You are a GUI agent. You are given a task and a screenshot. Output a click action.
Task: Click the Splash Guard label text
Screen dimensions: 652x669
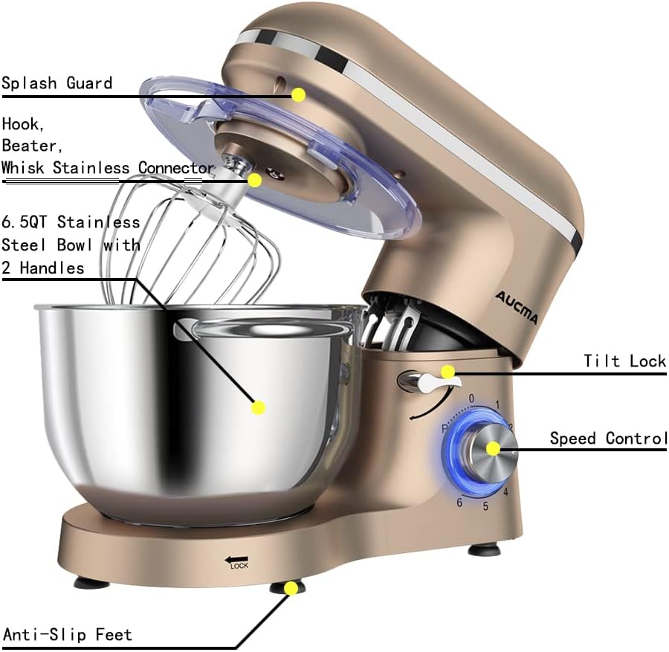pos(56,83)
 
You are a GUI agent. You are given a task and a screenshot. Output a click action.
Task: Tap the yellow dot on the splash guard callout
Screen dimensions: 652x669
pos(298,94)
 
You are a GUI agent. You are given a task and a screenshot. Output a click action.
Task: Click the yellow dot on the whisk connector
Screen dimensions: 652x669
pos(255,180)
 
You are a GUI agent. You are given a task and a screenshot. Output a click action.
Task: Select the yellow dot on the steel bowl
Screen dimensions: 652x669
pos(258,407)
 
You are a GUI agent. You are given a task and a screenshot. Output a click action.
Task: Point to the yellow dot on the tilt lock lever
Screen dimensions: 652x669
pos(447,372)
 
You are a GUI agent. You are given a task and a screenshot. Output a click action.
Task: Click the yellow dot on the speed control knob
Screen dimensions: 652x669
pos(492,448)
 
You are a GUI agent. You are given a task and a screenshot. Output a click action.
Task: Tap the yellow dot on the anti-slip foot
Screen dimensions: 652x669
pos(291,588)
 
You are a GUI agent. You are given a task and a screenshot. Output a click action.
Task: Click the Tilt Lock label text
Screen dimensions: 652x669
pos(624,361)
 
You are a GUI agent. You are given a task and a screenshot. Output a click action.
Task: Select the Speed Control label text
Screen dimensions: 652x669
pos(608,438)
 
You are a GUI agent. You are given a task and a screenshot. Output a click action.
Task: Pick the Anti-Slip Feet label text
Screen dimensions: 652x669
pos(68,634)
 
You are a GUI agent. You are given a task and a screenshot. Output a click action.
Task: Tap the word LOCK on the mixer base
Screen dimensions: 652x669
pos(239,566)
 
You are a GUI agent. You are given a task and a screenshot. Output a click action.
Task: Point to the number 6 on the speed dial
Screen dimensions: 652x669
pos(460,503)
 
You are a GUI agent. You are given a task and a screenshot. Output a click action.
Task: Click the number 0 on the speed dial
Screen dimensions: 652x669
pos(471,399)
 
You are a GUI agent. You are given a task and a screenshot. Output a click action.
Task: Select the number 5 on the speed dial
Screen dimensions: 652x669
pos(485,507)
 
